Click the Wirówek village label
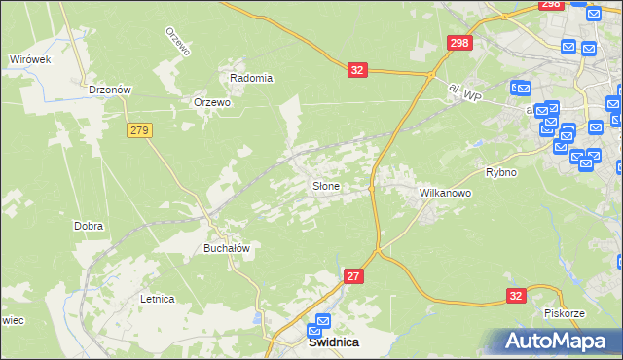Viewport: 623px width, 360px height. point(29,59)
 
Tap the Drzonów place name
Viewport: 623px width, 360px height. point(109,90)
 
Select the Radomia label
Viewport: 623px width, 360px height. point(251,78)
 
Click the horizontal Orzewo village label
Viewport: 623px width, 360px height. point(211,102)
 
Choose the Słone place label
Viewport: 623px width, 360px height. point(325,186)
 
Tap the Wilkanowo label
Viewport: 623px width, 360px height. point(445,193)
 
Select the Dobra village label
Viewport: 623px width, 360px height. point(89,226)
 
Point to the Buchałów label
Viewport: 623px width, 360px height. point(227,248)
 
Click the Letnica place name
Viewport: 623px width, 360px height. point(157,299)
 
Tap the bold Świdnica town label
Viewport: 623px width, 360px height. point(333,342)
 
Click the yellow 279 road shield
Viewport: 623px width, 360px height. point(139,129)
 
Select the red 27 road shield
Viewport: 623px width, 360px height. point(353,277)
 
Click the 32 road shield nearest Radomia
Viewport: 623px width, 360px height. point(357,70)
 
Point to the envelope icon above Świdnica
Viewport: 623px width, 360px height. point(323,322)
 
